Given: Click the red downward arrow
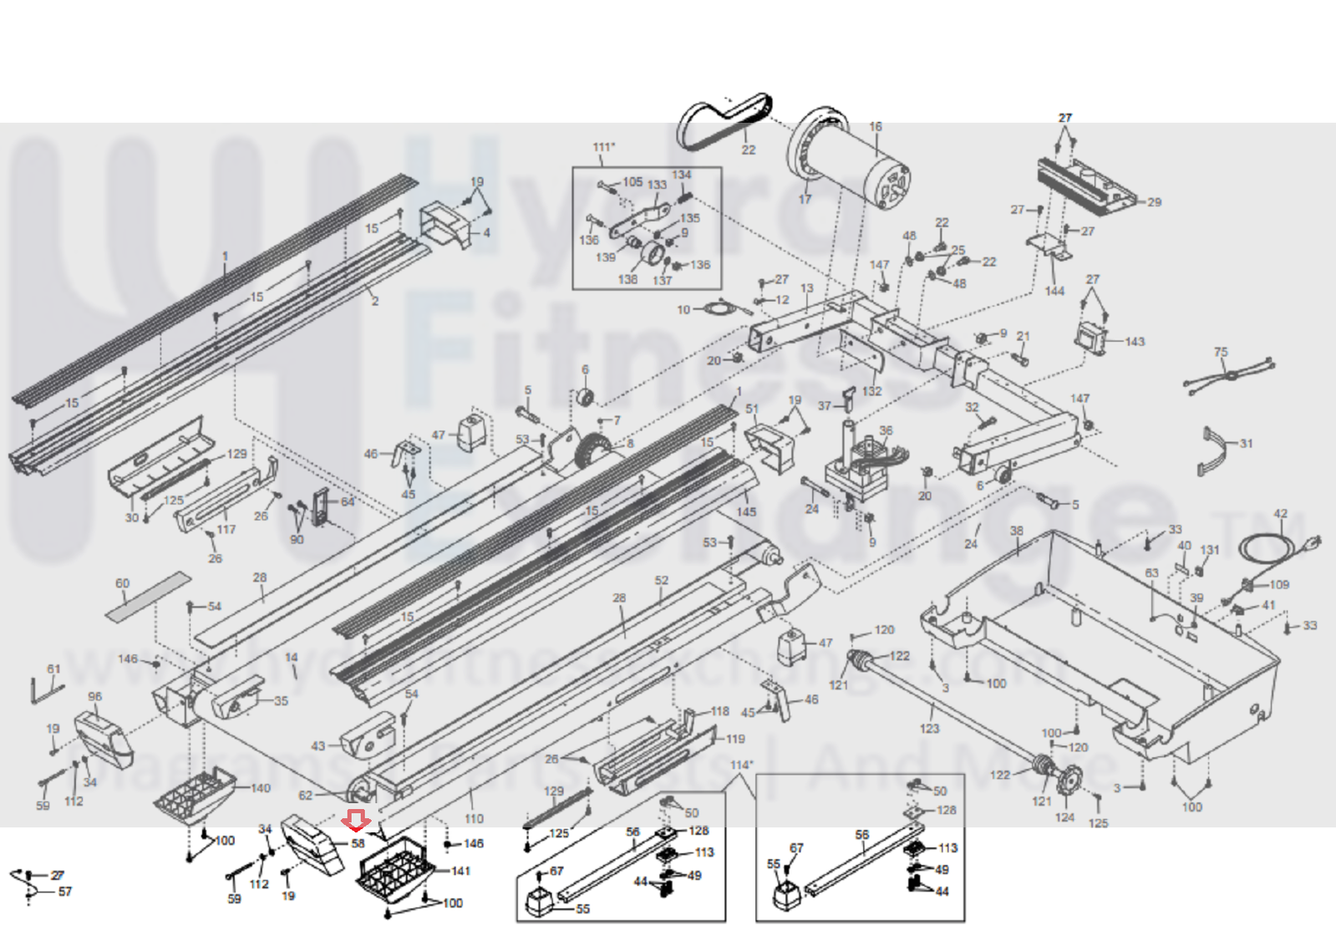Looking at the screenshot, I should pos(358,821).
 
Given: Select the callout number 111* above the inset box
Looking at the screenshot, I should pos(604,147).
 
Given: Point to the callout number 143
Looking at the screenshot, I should pos(1135,342).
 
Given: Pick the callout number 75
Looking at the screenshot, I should pos(1221,352).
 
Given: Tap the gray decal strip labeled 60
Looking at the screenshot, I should pos(149,596).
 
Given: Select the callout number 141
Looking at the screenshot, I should pos(461,871).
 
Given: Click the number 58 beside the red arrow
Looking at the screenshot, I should pos(358,843).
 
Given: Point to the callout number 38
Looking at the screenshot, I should pos(1016,531).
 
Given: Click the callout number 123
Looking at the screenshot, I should pos(929,729).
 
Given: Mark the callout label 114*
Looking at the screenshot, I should pos(741,765).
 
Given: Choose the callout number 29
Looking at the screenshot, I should pos(1154,202).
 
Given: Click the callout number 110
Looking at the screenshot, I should pos(474,819).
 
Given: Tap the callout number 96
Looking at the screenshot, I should pos(94,696).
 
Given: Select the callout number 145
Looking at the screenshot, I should pos(746,512).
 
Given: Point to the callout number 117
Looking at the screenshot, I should pos(226,529).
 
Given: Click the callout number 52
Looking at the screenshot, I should pos(662,580).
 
